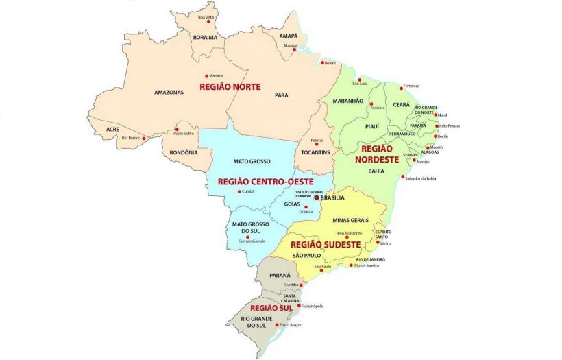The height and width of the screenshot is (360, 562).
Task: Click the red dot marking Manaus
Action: (206, 75)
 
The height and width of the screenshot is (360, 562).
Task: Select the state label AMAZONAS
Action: (168, 92)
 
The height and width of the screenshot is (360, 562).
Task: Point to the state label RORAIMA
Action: (205, 37)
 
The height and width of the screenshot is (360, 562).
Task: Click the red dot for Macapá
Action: (295, 49)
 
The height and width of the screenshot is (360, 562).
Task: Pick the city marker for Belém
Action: (322, 63)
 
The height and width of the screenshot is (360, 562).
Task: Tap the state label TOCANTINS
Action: (316, 152)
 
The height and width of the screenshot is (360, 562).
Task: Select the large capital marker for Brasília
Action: (317, 197)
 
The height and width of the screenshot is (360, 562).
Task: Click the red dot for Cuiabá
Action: (239, 191)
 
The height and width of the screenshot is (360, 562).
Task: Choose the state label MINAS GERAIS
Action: (350, 220)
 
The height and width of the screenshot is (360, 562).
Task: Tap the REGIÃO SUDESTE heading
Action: (326, 243)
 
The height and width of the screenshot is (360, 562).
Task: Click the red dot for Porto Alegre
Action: (277, 325)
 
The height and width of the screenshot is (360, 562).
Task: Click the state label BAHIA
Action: (376, 171)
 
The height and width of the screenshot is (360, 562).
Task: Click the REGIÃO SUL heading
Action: (267, 308)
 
